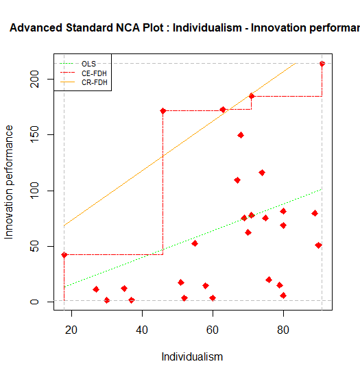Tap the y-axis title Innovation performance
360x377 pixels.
point(10,182)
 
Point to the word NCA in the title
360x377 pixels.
point(136,29)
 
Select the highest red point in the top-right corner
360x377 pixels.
point(322,64)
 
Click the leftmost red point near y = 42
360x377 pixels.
point(64,255)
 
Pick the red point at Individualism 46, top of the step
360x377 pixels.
point(163,111)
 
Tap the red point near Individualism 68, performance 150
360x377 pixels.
point(241,135)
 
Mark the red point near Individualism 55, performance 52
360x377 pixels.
point(195,243)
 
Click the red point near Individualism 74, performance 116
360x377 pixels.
point(262,173)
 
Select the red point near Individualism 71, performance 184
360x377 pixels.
point(252,96)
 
